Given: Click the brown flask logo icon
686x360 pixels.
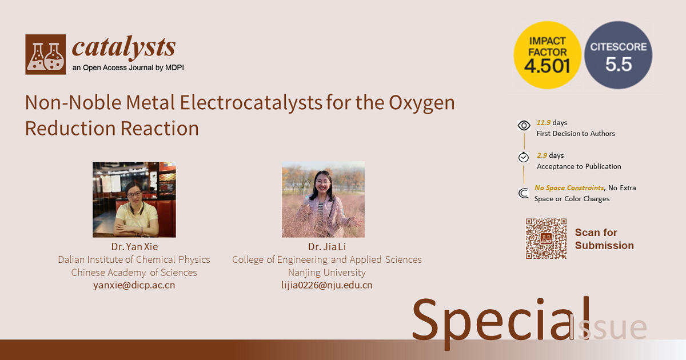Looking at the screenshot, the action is point(45,54).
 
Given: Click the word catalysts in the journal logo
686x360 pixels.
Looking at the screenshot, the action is point(123,47).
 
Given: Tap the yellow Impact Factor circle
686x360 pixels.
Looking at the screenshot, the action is point(547,55).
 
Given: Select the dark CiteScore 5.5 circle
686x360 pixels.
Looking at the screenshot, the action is point(619,55).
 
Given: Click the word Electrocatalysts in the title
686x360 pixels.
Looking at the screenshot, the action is point(251,102).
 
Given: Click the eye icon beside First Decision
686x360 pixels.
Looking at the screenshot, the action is point(524,125).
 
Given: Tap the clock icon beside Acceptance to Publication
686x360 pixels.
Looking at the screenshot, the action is point(524,157).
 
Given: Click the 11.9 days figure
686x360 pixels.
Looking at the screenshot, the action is point(552,122).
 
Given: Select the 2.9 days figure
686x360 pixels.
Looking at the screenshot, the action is point(551,155).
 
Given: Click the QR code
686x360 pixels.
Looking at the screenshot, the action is point(546,238).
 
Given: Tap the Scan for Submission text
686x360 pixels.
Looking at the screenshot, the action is point(604,239).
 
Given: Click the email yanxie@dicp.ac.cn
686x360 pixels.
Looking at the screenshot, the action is point(134,285).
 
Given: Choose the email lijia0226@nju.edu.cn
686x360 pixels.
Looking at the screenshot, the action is point(327,285).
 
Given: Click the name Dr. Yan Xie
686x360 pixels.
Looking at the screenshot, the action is point(134,246).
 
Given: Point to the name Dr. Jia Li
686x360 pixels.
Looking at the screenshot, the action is point(327,246).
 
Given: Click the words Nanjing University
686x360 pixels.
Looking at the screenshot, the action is point(327,273).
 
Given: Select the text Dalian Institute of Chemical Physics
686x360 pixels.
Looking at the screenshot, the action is point(134,259).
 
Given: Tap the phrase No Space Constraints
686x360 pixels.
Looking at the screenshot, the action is point(569,187).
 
